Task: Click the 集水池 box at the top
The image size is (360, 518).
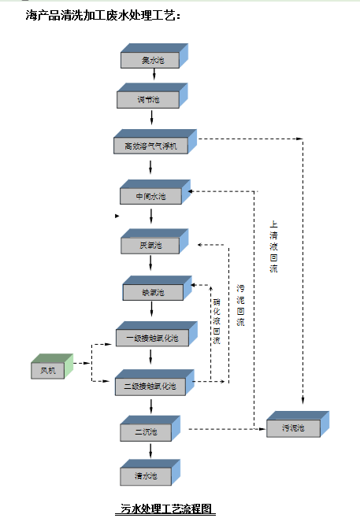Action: (x=153, y=60)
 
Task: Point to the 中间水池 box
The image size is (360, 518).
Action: (x=152, y=195)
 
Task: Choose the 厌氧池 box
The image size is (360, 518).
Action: (x=150, y=245)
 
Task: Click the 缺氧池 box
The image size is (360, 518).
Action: (x=153, y=292)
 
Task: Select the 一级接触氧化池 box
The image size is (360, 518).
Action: (x=151, y=339)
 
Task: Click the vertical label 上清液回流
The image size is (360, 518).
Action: (x=273, y=246)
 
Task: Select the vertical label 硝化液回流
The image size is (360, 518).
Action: (x=216, y=320)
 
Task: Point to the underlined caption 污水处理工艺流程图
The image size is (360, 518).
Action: (x=166, y=509)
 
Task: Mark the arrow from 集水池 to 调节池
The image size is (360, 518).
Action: (x=154, y=79)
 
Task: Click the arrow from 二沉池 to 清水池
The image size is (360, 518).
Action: (x=150, y=455)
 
